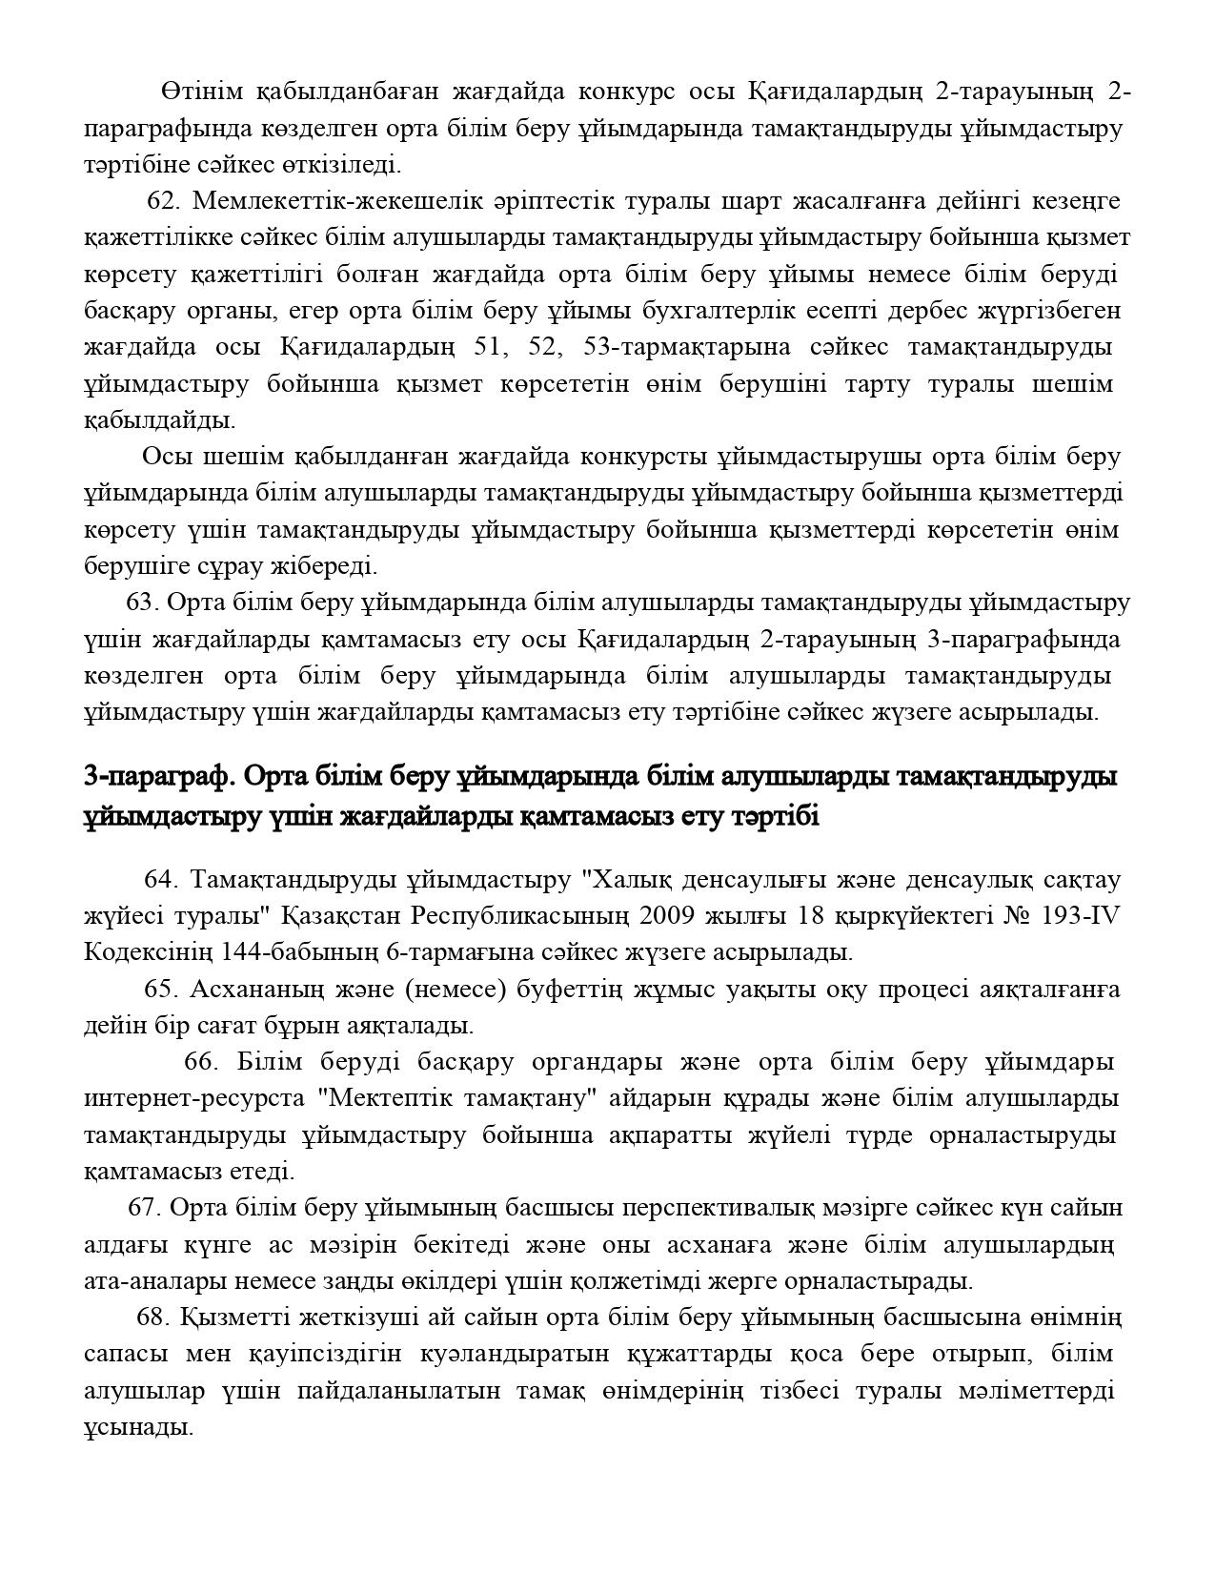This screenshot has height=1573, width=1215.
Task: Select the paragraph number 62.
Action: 163,201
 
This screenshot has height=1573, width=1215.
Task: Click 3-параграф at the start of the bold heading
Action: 158,777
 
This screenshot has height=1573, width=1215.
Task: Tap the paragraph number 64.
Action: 161,879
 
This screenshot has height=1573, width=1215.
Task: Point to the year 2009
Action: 674,916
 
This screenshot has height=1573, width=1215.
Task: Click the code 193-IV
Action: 1081,916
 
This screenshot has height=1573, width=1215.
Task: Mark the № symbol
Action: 1023,916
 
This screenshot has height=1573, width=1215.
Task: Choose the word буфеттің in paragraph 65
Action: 570,990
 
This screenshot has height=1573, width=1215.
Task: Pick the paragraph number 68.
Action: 153,1318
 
